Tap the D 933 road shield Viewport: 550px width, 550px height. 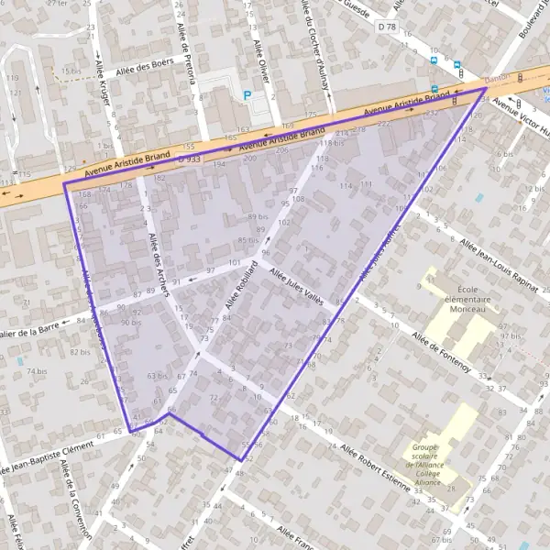click(190, 159)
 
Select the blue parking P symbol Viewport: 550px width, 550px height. click(247, 94)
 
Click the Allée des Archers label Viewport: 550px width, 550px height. click(158, 265)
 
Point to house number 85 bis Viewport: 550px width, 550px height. click(248, 240)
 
